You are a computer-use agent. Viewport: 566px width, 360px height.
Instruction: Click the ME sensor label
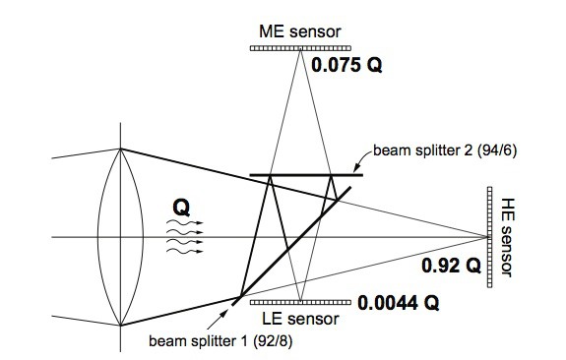tap(299, 30)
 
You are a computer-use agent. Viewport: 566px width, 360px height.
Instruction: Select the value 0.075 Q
tap(346, 67)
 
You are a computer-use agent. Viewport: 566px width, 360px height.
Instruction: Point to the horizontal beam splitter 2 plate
tap(306, 175)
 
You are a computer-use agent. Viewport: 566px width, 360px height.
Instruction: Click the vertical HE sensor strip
tap(489, 237)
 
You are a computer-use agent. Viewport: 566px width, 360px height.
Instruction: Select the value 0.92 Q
tap(450, 266)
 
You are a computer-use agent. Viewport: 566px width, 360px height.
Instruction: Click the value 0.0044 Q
tap(398, 303)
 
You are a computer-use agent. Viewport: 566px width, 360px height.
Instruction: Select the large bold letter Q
tap(180, 207)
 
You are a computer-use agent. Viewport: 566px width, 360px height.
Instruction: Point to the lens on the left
tap(120, 237)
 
